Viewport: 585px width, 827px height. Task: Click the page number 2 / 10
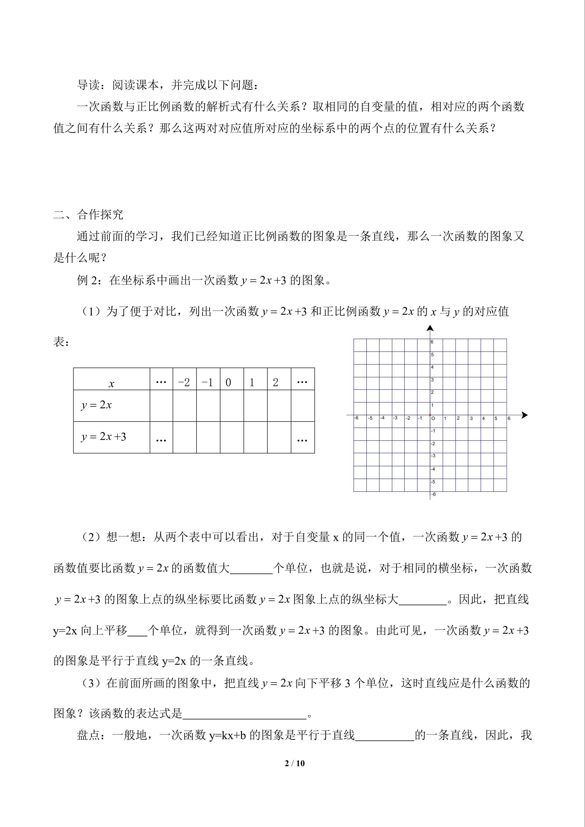(x=295, y=763)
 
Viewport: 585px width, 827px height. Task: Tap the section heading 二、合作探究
(x=88, y=215)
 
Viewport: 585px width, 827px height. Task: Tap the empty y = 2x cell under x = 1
(x=255, y=406)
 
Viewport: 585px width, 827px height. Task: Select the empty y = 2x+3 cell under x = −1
(x=208, y=437)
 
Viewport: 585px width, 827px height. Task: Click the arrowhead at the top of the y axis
(x=430, y=328)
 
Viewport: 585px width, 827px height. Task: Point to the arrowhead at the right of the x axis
(x=525, y=415)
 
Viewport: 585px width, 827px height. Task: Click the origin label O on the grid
(x=433, y=419)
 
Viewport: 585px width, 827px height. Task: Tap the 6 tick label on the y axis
(x=432, y=342)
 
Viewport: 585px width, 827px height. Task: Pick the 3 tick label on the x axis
(x=471, y=419)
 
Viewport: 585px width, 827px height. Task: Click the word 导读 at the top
(x=88, y=85)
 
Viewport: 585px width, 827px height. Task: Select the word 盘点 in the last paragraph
(x=88, y=735)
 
